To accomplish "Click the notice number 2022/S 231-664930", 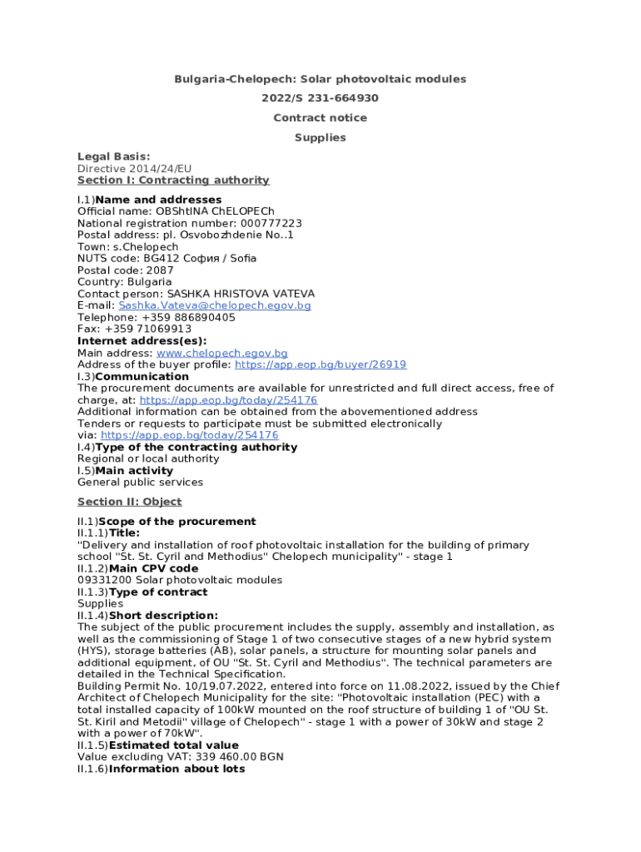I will [x=320, y=98].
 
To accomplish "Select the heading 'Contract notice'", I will [x=320, y=118].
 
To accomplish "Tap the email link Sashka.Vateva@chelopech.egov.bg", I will [x=215, y=305].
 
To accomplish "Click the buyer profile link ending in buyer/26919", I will [x=320, y=364].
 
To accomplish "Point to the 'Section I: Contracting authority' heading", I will [x=173, y=180].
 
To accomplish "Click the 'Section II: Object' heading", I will [x=129, y=502].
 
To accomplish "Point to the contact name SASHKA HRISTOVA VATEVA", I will [x=241, y=294].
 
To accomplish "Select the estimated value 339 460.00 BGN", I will [x=252, y=757].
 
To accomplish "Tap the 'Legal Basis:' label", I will [x=113, y=156].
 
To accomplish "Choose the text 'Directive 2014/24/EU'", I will [x=134, y=168].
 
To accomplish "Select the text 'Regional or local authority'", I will [x=148, y=458].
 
